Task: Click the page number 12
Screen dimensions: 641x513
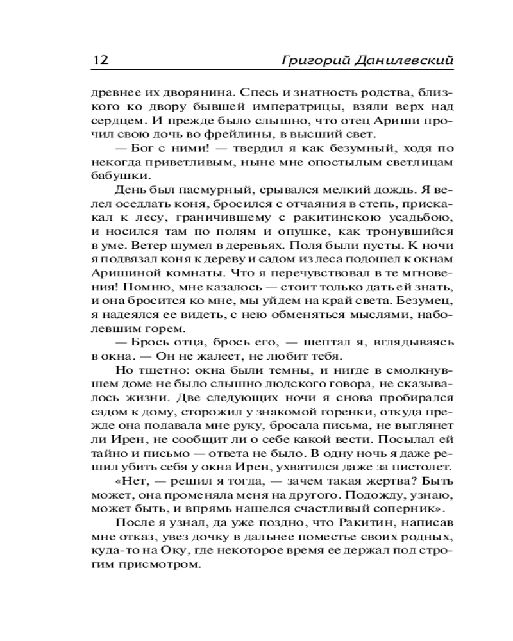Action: (x=101, y=60)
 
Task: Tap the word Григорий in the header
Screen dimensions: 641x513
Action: (x=309, y=60)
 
